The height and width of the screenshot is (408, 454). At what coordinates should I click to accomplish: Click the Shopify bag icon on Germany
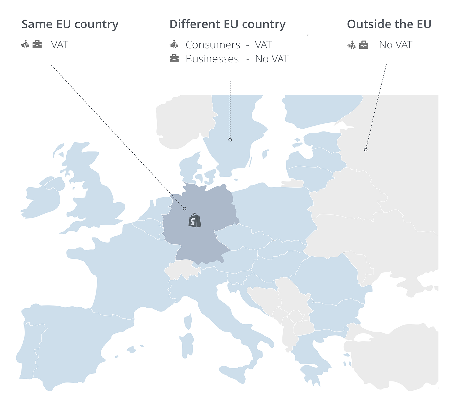pos(194,220)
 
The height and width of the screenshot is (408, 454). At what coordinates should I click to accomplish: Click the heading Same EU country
pos(70,25)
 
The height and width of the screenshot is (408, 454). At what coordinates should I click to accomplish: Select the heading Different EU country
pos(227,25)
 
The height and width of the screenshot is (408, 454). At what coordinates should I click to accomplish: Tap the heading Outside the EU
pos(389,24)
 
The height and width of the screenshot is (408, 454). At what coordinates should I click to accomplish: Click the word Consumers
pos(213,45)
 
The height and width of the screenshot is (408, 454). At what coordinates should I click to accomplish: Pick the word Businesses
pos(212,59)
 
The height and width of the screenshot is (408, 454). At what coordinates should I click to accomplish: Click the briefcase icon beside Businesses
pos(174,59)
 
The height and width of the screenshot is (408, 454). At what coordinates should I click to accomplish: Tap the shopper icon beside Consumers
pos(174,44)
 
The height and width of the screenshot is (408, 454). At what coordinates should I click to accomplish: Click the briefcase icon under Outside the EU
pos(364,45)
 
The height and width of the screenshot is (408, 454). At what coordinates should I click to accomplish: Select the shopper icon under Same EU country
pos(25,44)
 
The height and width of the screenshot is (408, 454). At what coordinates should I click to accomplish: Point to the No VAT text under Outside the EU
pos(395,45)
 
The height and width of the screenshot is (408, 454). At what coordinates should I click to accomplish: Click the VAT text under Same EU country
pos(59,45)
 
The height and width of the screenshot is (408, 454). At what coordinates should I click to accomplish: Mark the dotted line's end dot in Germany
pos(185,209)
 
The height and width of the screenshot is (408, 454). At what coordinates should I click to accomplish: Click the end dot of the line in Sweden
pos(230,140)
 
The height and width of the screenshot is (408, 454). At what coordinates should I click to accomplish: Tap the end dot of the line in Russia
pos(366,150)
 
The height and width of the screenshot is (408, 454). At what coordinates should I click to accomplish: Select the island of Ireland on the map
pos(43,198)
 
